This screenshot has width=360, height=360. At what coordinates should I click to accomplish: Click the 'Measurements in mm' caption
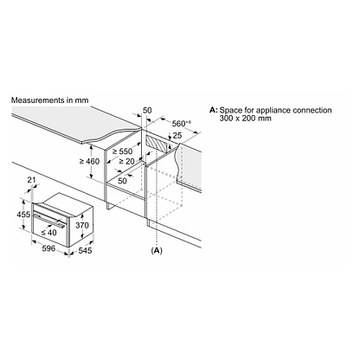49,100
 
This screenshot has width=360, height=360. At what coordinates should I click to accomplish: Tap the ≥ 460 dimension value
89,161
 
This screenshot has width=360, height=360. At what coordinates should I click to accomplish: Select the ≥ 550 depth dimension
122,151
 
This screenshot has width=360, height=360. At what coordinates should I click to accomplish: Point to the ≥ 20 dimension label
126,162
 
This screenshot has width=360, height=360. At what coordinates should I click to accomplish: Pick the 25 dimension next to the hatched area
177,135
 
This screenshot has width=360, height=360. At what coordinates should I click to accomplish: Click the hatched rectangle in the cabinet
157,144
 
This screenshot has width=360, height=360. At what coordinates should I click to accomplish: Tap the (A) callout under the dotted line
157,250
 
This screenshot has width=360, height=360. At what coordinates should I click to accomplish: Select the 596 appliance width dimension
48,248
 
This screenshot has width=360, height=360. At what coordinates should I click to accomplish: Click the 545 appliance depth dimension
85,250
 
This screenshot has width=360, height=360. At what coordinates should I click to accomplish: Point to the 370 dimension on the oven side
82,225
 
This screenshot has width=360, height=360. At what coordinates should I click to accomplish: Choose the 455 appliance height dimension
23,215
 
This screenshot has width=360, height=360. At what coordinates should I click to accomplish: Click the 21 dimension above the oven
31,180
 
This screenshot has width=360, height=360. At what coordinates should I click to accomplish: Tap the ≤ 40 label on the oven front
48,232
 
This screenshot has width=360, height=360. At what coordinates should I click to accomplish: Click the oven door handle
49,220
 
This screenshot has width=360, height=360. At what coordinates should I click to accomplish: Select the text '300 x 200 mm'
245,119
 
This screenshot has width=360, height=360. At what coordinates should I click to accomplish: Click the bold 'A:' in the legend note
213,110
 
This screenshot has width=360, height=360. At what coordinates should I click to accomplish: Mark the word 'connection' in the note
312,110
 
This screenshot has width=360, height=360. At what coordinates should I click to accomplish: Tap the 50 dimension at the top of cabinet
147,110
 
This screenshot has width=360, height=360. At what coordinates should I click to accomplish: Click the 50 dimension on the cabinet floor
122,181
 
